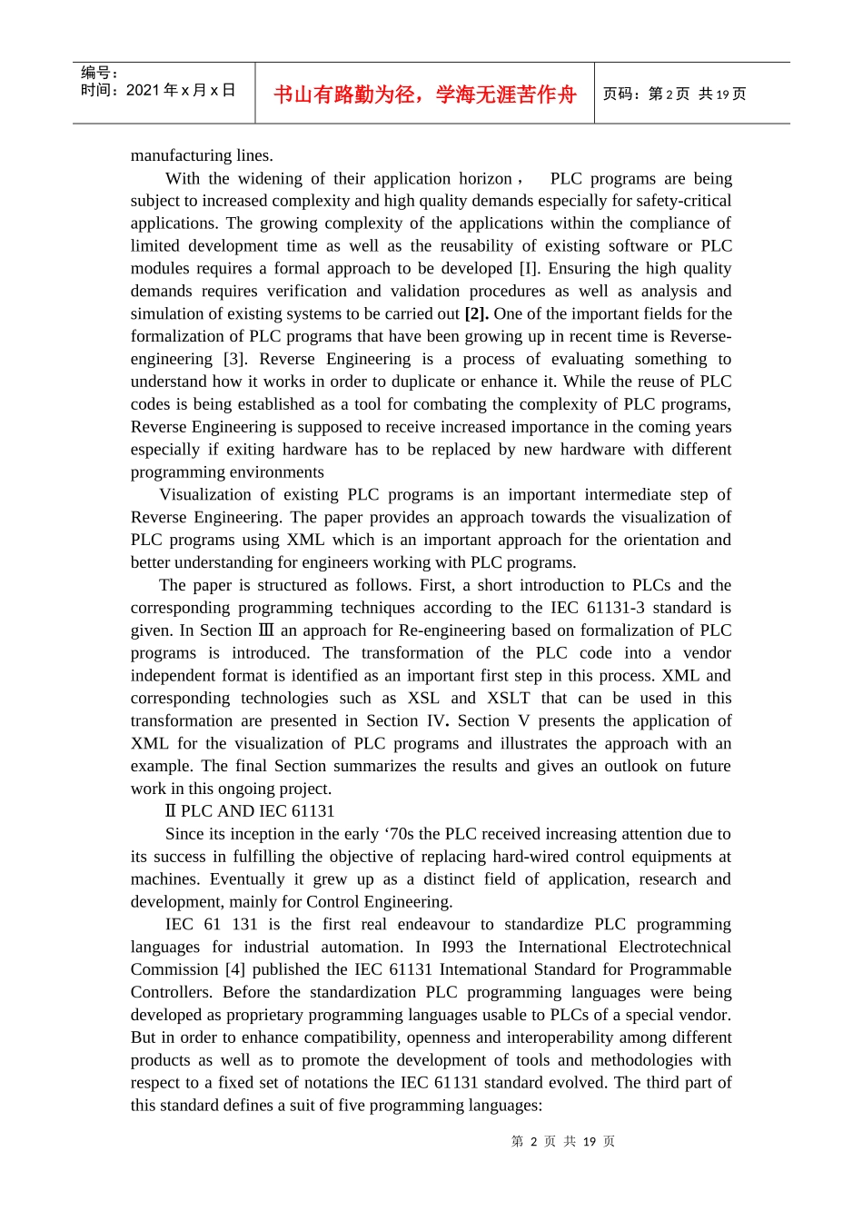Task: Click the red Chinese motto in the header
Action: coord(424,94)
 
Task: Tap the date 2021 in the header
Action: coord(142,90)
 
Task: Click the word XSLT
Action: coord(509,698)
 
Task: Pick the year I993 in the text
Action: coord(457,947)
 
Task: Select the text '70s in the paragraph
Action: coord(400,834)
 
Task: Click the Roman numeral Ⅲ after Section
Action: coord(266,630)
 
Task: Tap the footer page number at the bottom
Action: coord(563,1141)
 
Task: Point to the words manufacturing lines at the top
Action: coord(202,155)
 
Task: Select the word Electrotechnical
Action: coord(675,947)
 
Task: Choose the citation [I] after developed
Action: coord(529,269)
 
